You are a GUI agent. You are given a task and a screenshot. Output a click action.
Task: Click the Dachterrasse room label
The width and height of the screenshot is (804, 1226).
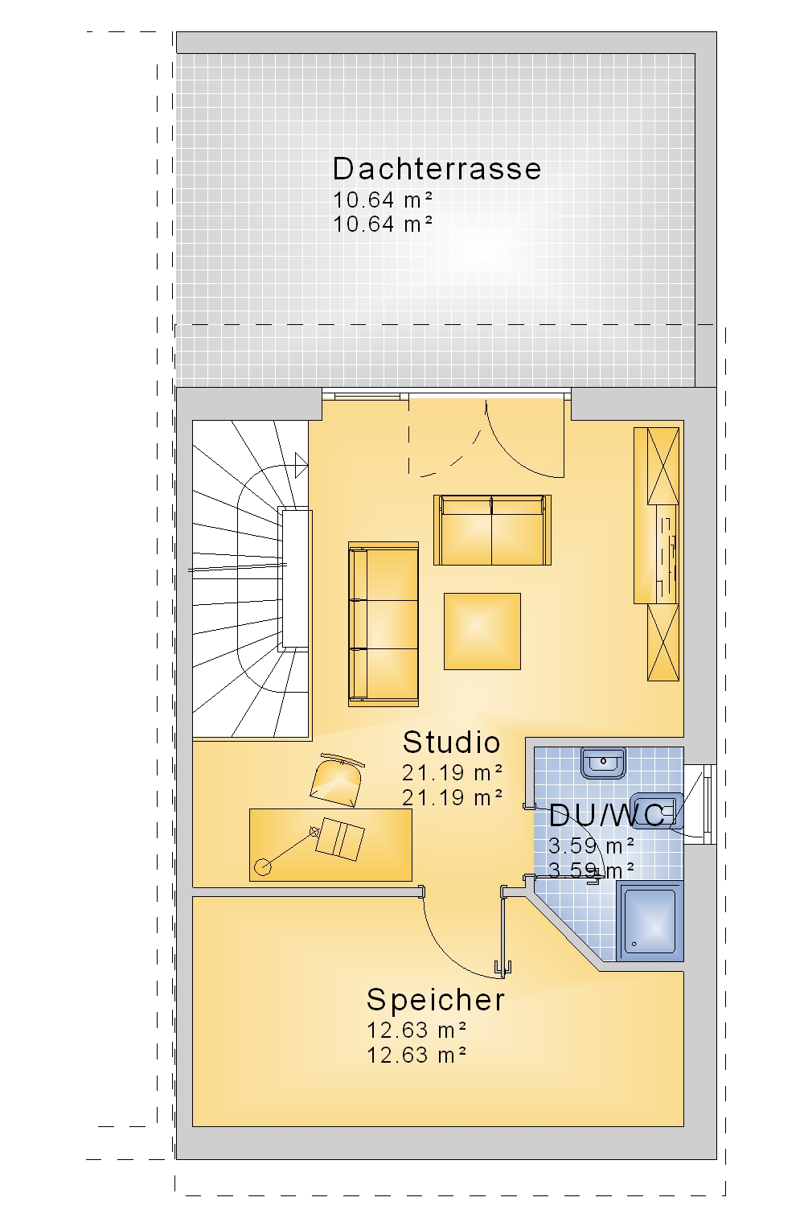coord(437,169)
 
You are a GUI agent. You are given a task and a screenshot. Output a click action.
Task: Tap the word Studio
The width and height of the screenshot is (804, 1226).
coord(451,743)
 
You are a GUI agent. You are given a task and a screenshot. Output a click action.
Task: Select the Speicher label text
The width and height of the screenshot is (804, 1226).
coord(435,1000)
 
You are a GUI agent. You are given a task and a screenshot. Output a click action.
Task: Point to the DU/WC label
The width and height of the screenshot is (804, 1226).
coord(606,816)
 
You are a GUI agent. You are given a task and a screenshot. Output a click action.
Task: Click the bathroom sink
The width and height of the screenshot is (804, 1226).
coord(603,763)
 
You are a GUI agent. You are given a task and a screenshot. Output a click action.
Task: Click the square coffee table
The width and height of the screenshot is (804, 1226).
coord(482,631)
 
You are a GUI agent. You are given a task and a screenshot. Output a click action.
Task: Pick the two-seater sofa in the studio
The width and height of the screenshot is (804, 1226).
coord(492,530)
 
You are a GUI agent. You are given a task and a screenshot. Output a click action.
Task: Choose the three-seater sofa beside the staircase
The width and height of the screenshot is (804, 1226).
coord(384,624)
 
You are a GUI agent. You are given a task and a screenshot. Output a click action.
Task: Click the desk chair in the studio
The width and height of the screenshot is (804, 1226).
coord(337,780)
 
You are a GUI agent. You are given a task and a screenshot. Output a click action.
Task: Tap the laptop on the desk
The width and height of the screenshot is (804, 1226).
coord(339,839)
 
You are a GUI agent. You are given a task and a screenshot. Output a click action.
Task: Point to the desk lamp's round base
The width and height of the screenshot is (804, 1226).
coord(263,867)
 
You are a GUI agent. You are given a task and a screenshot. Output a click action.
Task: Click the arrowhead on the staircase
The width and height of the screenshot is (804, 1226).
coord(301,465)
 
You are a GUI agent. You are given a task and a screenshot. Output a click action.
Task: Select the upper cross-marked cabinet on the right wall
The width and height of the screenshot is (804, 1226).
coord(662,466)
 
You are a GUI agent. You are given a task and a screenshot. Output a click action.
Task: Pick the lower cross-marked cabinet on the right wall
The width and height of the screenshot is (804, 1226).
coord(662,643)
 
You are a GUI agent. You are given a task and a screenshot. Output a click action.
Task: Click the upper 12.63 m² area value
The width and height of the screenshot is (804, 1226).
coord(416,1031)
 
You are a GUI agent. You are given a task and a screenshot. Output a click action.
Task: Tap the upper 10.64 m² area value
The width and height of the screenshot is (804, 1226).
coord(383,200)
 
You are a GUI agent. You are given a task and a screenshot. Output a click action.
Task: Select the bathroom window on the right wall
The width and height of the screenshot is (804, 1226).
coord(709,804)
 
